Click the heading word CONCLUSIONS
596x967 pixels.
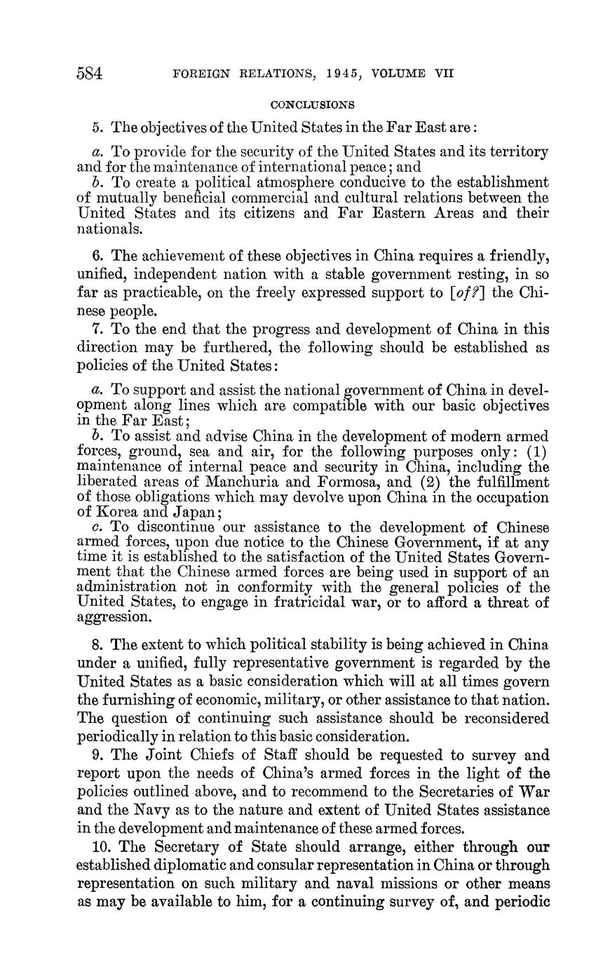pos(313,105)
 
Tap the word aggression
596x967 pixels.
pos(114,618)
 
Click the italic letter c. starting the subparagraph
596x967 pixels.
pos(97,527)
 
